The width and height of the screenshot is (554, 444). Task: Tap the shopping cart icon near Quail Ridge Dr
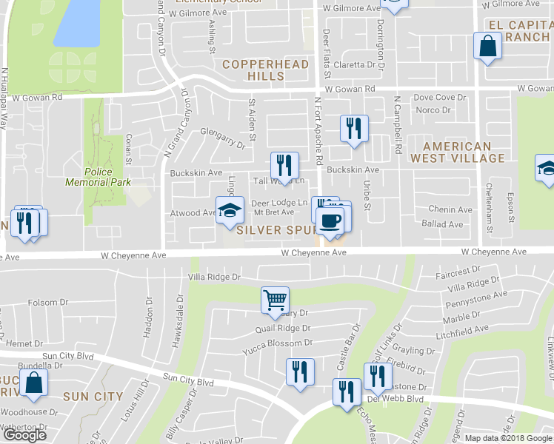coord(274,300)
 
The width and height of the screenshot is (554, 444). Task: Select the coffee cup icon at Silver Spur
coord(330,220)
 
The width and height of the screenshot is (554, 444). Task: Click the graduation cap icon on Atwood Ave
coord(230,210)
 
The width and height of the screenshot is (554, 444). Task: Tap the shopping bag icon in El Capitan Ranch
coord(488,47)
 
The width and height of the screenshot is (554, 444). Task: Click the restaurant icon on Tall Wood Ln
coord(284,165)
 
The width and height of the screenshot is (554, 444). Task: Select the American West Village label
coord(458,152)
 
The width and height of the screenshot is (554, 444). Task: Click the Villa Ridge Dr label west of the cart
coord(215,277)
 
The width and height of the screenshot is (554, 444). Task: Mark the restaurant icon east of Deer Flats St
coord(354,128)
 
